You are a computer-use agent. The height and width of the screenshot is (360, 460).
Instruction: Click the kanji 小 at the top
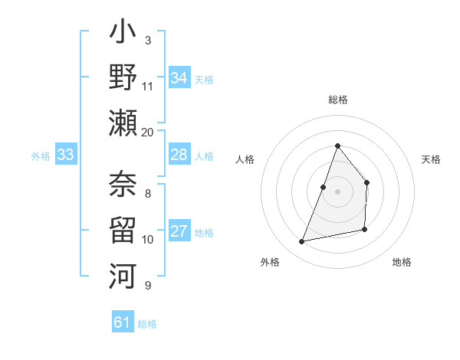tap(123, 34)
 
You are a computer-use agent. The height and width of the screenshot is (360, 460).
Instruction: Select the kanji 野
tap(123, 77)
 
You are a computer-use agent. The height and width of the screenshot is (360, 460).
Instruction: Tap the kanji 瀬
tap(123, 122)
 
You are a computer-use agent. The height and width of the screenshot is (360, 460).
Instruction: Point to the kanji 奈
tap(123, 185)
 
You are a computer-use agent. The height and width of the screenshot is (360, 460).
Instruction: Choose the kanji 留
tap(123, 228)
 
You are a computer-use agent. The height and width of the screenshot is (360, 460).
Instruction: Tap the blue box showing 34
tap(179, 77)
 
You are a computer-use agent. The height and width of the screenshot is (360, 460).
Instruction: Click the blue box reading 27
tap(179, 231)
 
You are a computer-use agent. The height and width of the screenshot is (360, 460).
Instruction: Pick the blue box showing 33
tap(66, 155)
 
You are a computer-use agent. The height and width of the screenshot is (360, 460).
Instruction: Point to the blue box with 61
tap(123, 322)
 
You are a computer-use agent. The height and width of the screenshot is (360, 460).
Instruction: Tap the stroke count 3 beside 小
tap(148, 40)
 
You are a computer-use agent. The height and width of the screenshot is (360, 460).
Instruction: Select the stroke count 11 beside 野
tap(148, 86)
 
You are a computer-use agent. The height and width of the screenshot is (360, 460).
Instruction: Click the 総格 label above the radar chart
tap(337, 100)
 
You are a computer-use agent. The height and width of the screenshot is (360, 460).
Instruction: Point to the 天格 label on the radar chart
tap(431, 159)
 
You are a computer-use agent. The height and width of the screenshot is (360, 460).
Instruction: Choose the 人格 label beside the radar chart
tap(245, 159)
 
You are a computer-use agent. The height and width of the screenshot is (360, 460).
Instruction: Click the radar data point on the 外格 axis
tap(302, 241)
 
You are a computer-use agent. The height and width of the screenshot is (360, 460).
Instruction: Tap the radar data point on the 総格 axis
tap(337, 146)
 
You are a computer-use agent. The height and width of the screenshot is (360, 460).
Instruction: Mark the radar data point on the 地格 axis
tap(365, 229)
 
